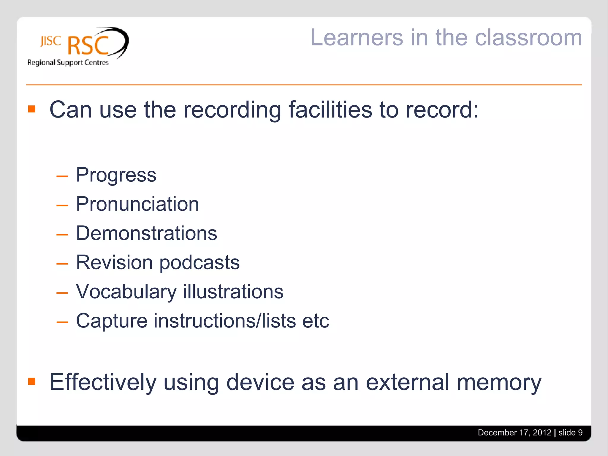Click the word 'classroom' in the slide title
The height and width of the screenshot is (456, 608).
pos(528,38)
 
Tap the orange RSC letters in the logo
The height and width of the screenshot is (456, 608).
pos(88,45)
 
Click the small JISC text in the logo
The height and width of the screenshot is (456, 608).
pos(51,41)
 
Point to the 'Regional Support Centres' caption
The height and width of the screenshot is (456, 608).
pos(68,63)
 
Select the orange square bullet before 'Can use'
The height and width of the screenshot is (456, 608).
pos(32,109)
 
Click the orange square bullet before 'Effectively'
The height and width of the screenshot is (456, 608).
pos(32,381)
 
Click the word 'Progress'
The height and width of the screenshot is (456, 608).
pos(116,175)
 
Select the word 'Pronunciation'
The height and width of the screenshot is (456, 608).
pos(137,204)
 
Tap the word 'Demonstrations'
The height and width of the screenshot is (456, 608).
pos(147,233)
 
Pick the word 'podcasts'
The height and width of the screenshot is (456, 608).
pos(199,262)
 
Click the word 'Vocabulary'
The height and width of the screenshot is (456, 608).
pos(126,292)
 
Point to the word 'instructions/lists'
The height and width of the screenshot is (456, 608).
pos(225,321)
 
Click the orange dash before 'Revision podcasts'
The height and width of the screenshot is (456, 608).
pos(62,263)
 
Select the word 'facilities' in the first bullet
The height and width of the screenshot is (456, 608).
pos(330,110)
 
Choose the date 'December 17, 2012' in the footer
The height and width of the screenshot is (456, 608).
pos(514,433)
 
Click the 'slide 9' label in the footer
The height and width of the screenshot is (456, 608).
pos(570,433)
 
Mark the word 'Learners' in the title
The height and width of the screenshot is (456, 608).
pos(357,38)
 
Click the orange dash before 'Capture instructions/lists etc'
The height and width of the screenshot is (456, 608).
pos(62,322)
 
